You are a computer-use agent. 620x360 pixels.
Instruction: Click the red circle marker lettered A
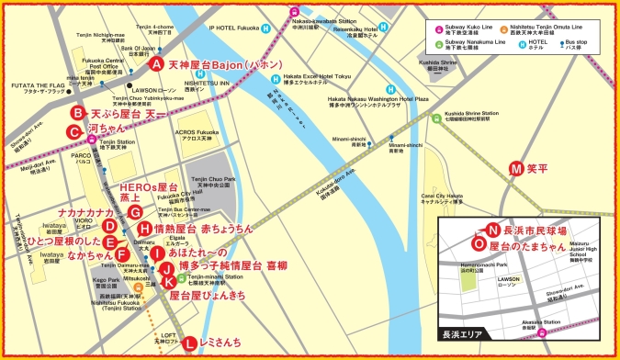[x=157, y=64]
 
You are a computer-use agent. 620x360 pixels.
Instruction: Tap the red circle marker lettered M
[x=516, y=168]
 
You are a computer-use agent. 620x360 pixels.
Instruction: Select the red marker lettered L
[x=189, y=343]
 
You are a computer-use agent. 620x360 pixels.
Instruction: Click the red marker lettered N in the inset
[x=492, y=231]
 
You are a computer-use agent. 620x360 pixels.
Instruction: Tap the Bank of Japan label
[x=139, y=51]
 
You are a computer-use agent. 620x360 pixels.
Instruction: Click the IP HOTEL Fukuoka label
[x=236, y=28]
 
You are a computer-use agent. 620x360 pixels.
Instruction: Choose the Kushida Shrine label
[x=437, y=65]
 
